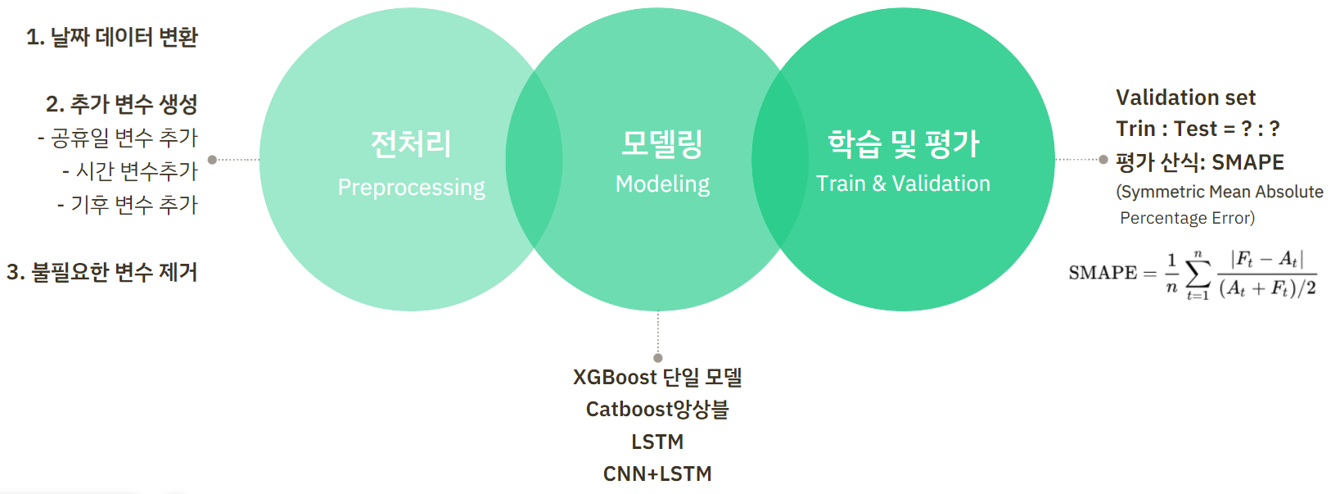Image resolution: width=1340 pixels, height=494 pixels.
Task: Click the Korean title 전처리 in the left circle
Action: [411, 144]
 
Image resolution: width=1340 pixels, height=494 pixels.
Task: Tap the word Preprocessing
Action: [411, 188]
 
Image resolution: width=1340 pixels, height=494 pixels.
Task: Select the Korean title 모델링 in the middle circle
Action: [662, 144]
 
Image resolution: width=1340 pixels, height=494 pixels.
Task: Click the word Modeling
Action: [662, 184]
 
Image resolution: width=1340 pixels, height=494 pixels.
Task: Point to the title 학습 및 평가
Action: [903, 144]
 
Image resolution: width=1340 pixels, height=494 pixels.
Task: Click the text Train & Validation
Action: [903, 184]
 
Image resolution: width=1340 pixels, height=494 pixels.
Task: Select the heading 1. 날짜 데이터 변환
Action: [112, 37]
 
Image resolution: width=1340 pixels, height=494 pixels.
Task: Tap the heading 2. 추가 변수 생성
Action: [122, 104]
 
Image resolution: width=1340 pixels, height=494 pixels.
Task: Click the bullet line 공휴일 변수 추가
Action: [118, 138]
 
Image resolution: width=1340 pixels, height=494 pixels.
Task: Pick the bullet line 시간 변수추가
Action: [130, 171]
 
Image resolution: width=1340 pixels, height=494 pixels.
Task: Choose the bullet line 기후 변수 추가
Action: [128, 205]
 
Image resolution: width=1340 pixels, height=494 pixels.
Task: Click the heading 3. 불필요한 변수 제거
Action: [102, 272]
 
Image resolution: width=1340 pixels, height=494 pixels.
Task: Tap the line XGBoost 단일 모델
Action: [657, 377]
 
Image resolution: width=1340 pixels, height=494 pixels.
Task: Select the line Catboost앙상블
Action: [657, 409]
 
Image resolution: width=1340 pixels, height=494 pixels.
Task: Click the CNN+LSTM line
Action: [657, 474]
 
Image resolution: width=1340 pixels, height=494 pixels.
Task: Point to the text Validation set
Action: [1185, 97]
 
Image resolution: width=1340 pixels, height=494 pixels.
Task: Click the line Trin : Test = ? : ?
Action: [1197, 129]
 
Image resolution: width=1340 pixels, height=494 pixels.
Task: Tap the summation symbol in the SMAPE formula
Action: [1198, 273]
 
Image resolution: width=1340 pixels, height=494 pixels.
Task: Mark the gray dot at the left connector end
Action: [212, 160]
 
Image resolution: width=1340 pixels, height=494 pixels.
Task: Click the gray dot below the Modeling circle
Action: [658, 358]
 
